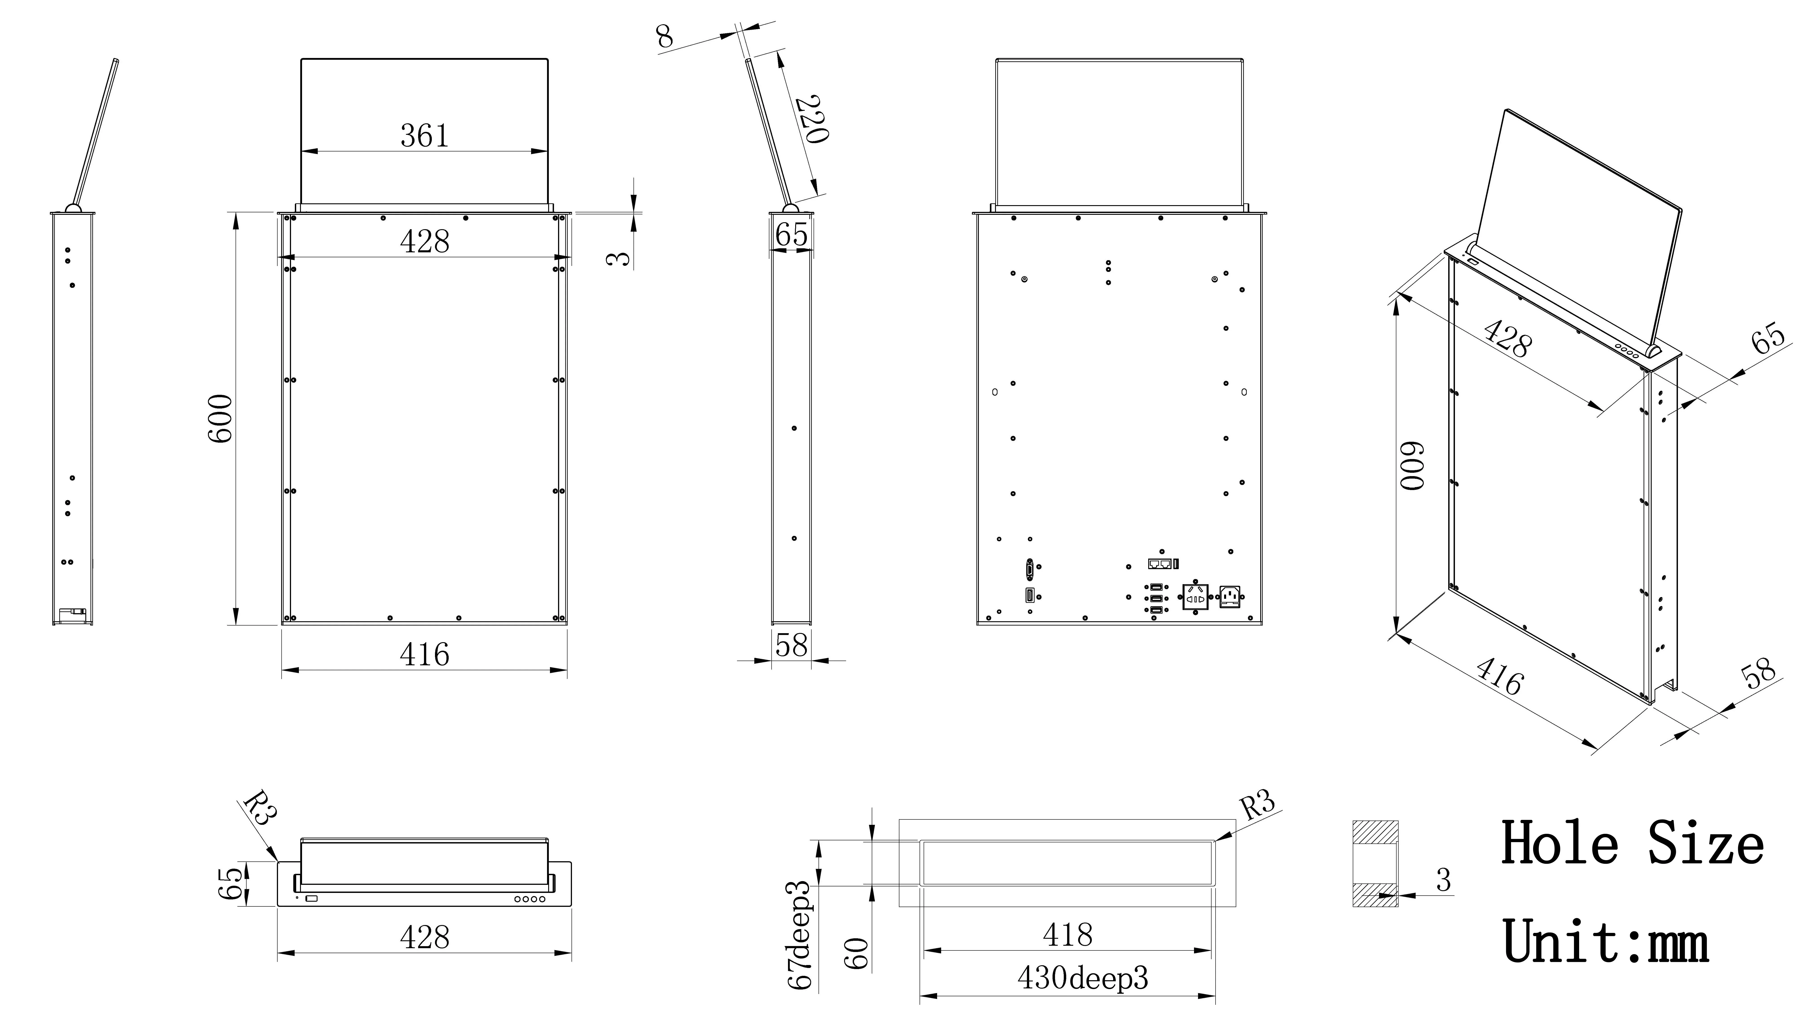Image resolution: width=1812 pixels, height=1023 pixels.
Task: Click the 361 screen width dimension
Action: [x=424, y=135]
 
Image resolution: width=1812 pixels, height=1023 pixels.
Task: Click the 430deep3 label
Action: [x=1082, y=978]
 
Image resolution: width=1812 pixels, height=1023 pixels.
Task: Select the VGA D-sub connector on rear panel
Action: [x=1030, y=567]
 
